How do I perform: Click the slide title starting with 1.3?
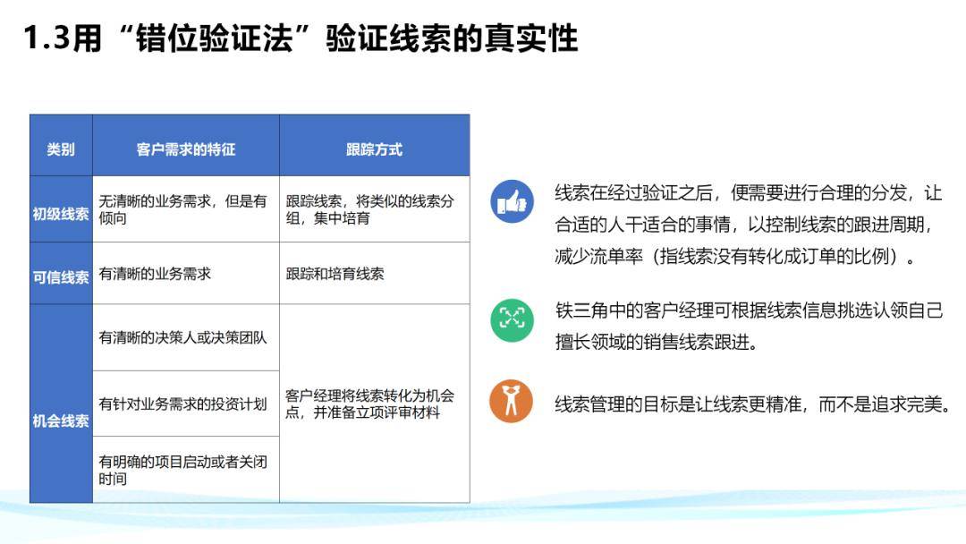pos(301,39)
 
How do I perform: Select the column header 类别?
pos(61,149)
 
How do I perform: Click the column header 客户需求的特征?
pos(186,149)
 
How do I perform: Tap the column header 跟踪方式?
pos(374,149)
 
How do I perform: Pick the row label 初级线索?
pos(61,214)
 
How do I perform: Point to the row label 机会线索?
pos(61,421)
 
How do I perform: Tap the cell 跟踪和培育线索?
pos(335,274)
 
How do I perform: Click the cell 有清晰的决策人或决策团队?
pos(182,338)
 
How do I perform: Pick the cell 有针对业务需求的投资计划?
pos(182,404)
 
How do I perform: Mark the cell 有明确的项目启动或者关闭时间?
pos(182,471)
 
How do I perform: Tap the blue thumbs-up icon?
pos(512,201)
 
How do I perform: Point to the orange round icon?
pos(512,402)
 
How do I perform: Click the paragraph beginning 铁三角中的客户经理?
pos(748,327)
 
